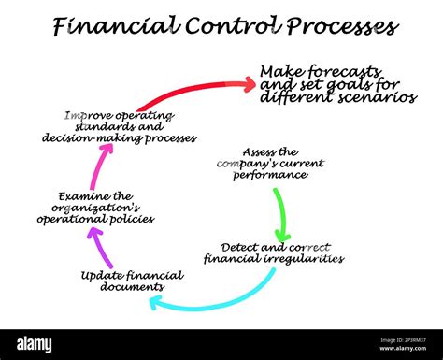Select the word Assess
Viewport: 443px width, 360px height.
(x=258, y=151)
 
